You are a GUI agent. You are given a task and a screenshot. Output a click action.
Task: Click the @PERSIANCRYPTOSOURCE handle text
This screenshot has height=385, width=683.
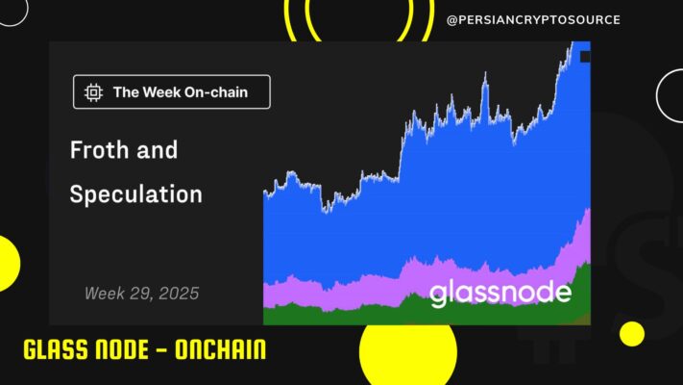[x=533, y=20]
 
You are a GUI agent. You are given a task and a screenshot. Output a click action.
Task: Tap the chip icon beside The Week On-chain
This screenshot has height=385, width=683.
[x=93, y=92]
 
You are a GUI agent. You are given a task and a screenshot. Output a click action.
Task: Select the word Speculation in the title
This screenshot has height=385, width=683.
[x=135, y=193]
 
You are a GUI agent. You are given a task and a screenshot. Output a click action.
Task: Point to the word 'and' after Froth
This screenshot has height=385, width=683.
[x=158, y=150]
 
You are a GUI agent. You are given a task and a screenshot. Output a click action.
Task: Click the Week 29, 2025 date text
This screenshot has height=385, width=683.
[x=141, y=294]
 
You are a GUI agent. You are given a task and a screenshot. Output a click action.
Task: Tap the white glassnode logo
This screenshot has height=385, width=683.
[x=500, y=293]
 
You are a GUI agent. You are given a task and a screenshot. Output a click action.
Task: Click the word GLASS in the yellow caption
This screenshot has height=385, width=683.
[x=55, y=349]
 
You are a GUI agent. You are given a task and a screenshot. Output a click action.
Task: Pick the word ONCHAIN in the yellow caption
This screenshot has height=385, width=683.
[x=220, y=349]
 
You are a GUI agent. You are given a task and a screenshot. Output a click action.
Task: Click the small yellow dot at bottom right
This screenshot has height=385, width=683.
[x=632, y=334]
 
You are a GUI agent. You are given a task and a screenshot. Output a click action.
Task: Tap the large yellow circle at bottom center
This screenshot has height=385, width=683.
[x=408, y=353]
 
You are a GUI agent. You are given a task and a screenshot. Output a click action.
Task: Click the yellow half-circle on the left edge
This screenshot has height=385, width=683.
[x=9, y=264]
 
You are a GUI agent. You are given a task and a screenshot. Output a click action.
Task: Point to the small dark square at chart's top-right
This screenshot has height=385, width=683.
[x=585, y=57]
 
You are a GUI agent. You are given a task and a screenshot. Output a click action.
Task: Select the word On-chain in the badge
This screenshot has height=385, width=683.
[x=216, y=92]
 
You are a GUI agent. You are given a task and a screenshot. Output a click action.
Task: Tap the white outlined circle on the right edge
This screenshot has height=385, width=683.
[x=657, y=95]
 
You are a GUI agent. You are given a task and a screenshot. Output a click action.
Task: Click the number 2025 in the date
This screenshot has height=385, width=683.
[x=179, y=294]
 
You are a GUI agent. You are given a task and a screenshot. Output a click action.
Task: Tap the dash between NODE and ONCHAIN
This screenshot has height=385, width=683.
[x=161, y=350]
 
